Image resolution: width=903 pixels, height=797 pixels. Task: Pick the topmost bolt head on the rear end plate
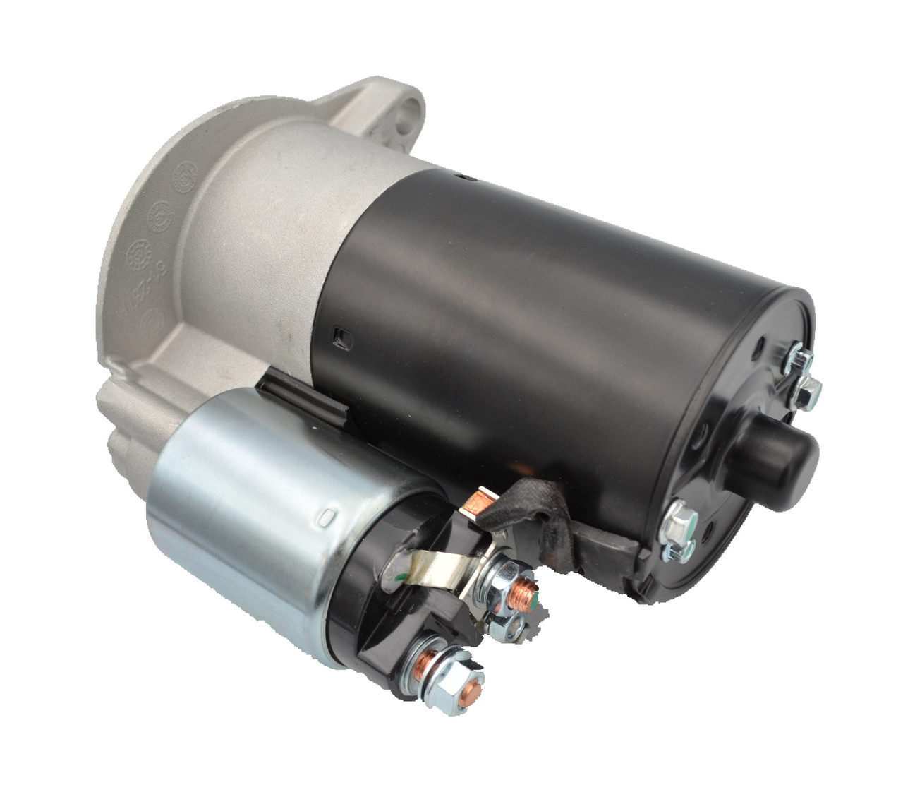pyautogui.click(x=796, y=357)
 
